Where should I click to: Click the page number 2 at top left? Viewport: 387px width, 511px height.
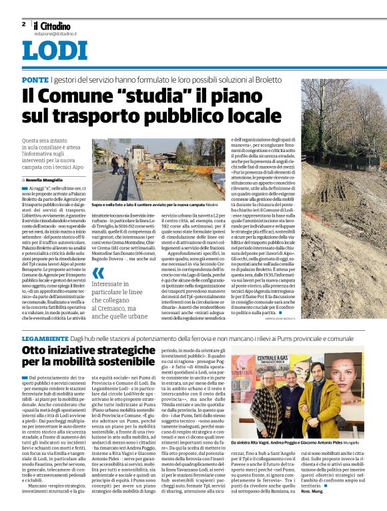point(23,24)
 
